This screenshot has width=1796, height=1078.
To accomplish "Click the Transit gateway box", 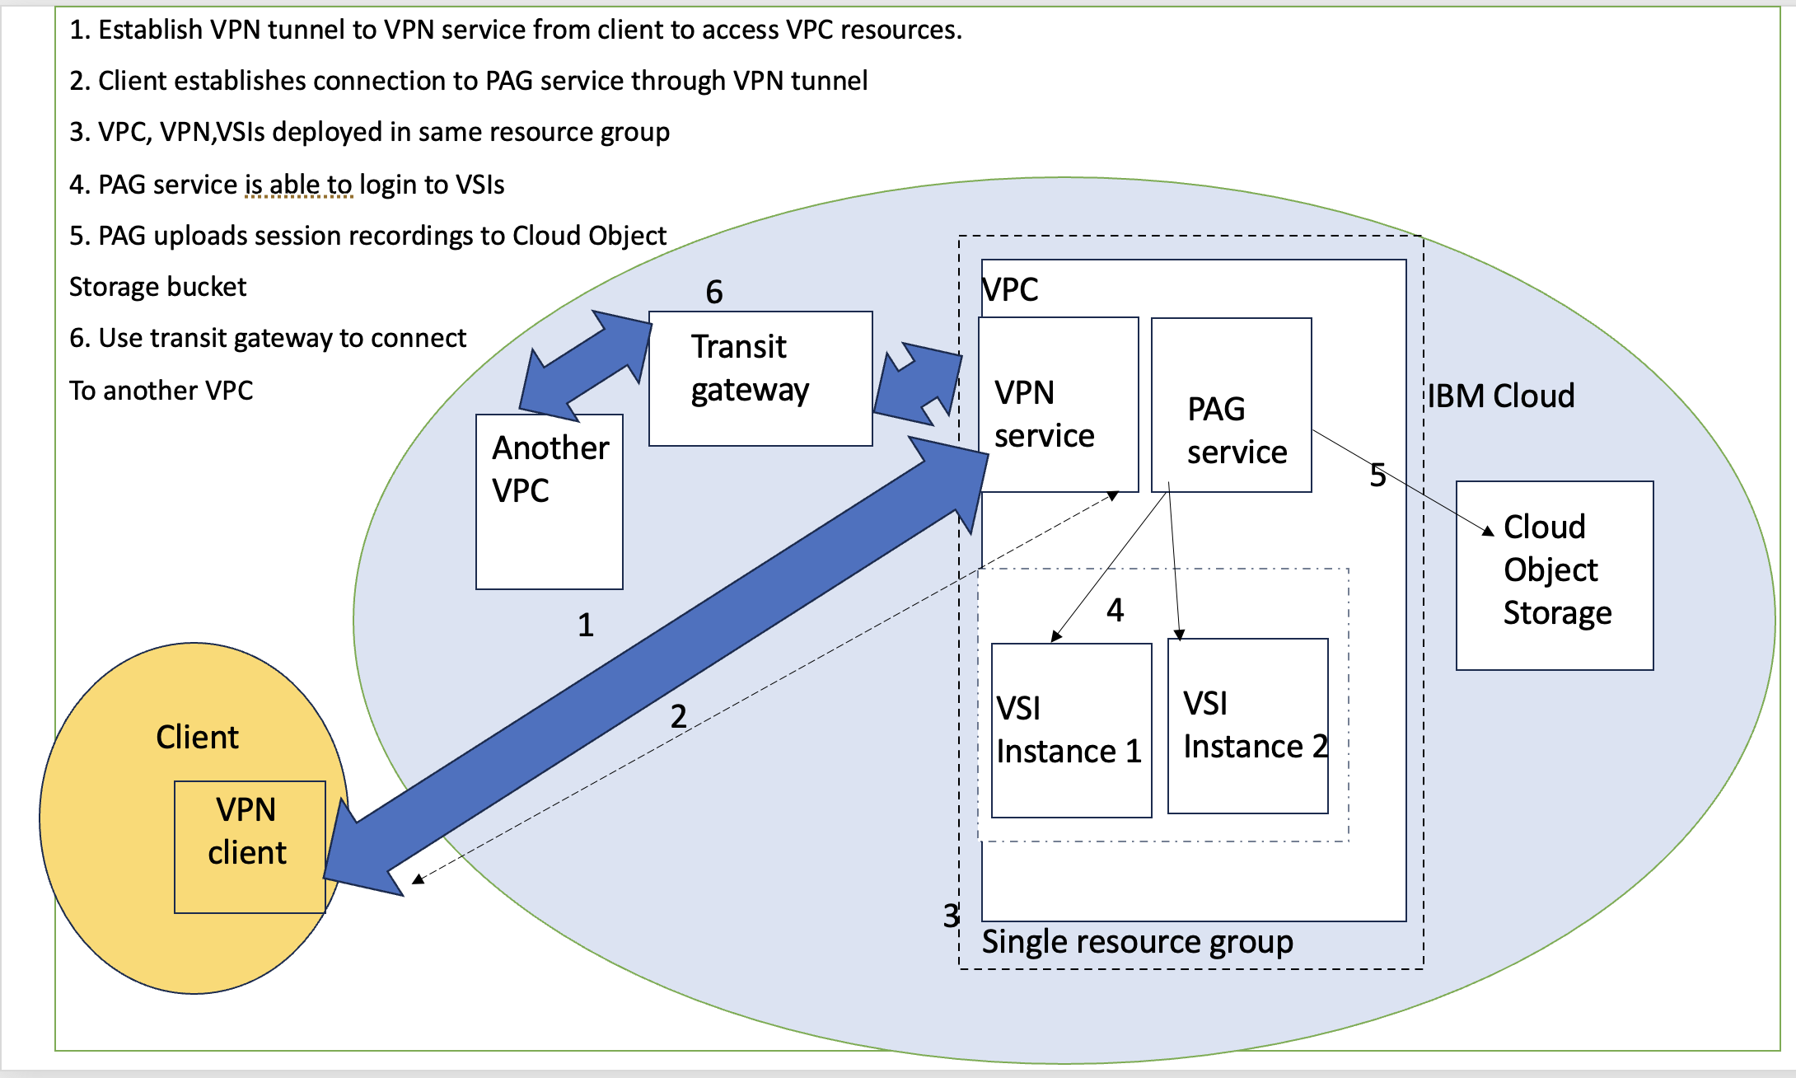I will click(x=760, y=378).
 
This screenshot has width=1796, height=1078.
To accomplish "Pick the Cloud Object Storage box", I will click(x=1554, y=575).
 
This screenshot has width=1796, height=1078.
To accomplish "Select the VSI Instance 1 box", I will click(x=1071, y=730).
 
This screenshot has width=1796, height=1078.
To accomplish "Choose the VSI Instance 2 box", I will click(x=1247, y=726).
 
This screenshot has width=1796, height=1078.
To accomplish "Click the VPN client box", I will click(x=249, y=846).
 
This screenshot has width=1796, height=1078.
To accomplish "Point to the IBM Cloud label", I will click(x=1500, y=396).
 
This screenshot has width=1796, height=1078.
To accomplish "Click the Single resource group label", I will click(x=1137, y=942).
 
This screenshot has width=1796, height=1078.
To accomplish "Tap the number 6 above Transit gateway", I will click(x=714, y=293).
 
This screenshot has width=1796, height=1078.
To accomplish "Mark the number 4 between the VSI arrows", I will click(x=1115, y=611).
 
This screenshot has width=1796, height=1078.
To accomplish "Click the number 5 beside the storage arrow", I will click(x=1377, y=476).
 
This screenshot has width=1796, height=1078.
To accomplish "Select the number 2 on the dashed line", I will click(x=678, y=716).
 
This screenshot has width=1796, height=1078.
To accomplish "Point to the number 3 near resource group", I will click(x=951, y=916).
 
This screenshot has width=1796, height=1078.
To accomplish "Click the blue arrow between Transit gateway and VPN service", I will click(x=917, y=383).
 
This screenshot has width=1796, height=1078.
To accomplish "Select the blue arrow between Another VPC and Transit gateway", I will click(x=585, y=363).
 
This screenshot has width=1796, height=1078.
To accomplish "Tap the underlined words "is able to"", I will click(x=298, y=185).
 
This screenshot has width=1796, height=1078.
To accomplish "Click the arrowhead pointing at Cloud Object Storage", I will click(x=1488, y=532).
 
